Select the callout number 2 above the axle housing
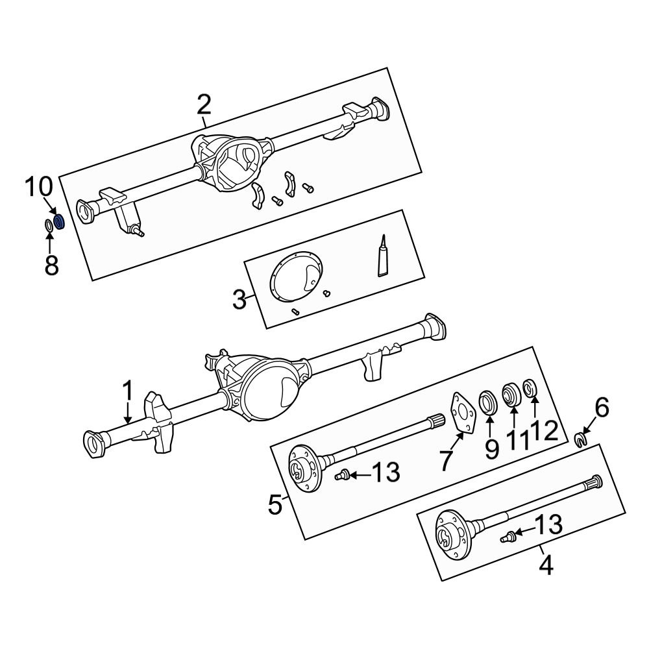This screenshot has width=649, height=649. (203, 104)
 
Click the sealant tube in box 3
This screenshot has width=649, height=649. (384, 258)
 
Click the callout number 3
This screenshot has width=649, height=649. (239, 300)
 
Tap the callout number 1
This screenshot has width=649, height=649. (128, 391)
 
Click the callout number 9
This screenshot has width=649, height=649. (491, 448)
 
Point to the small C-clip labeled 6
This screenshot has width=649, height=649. (581, 441)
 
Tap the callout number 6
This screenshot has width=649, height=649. (602, 408)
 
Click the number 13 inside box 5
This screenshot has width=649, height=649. (386, 473)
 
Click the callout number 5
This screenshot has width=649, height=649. (276, 504)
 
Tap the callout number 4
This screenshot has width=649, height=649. (546, 566)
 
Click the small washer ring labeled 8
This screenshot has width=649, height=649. (49, 226)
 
